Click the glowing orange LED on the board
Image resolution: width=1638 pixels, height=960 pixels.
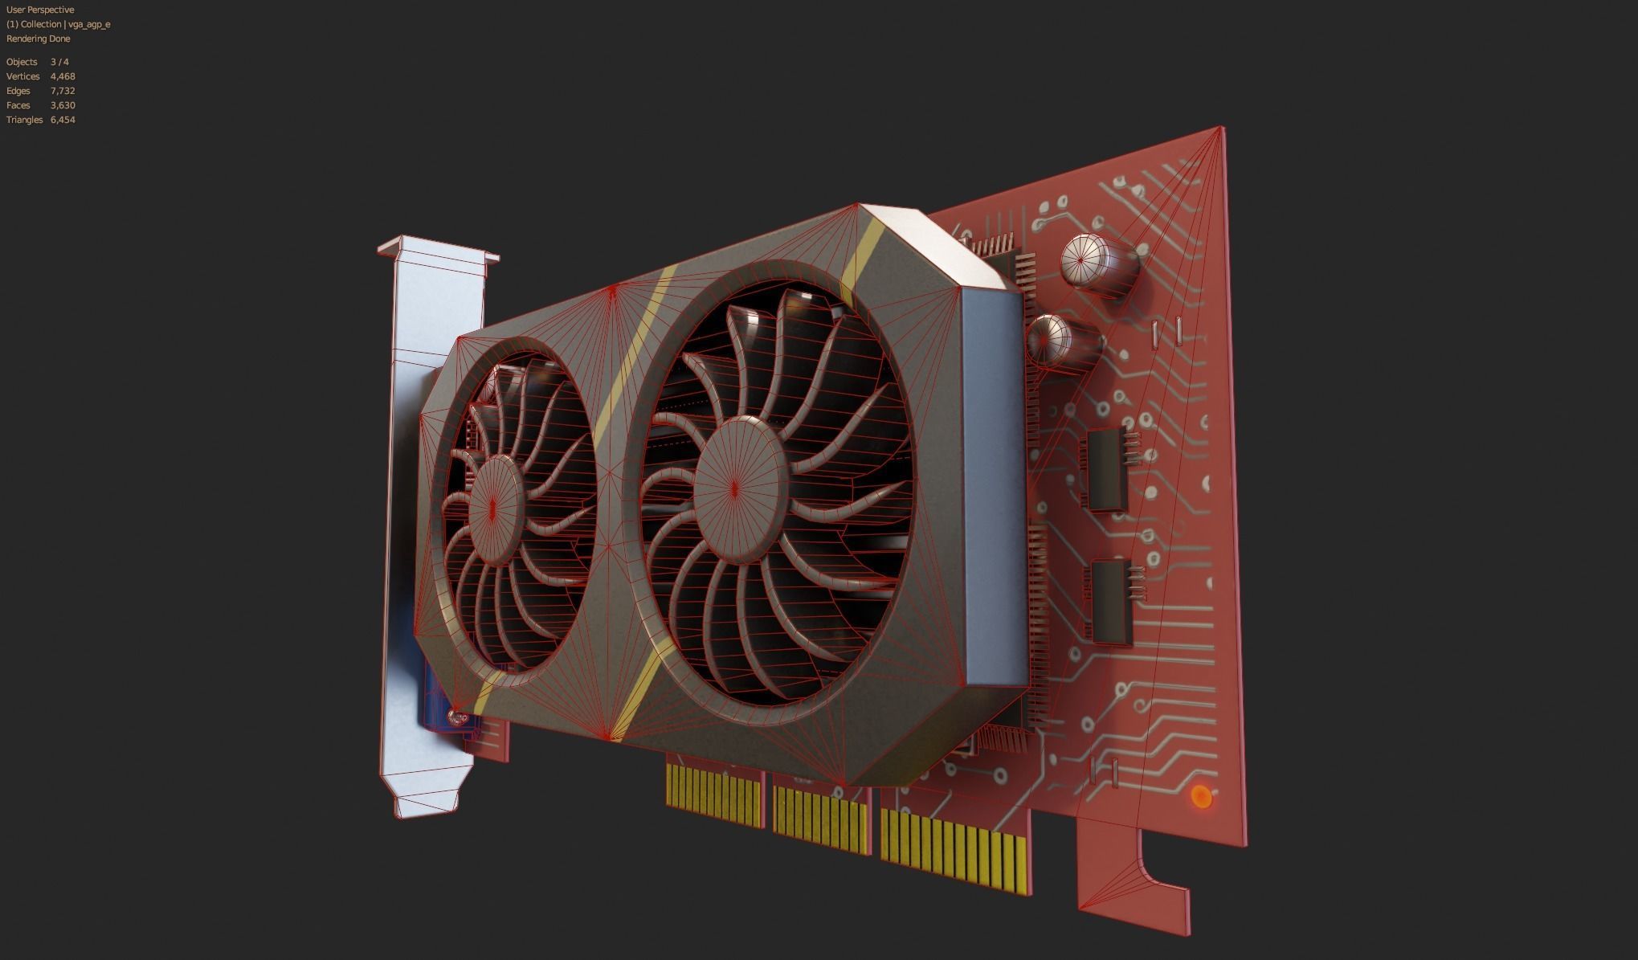pos(1201,797)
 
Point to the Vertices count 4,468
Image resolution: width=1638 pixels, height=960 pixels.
pos(63,76)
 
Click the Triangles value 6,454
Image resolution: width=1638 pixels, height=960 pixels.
pos(63,120)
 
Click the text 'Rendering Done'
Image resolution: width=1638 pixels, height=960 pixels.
pos(38,39)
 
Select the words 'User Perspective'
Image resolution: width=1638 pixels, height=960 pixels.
pos(40,10)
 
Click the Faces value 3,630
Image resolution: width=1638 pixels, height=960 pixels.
pos(63,105)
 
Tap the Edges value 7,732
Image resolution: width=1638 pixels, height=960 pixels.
pos(63,91)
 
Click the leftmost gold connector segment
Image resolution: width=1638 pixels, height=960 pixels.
pos(714,795)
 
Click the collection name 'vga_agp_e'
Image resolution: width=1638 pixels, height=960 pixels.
pos(89,24)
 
